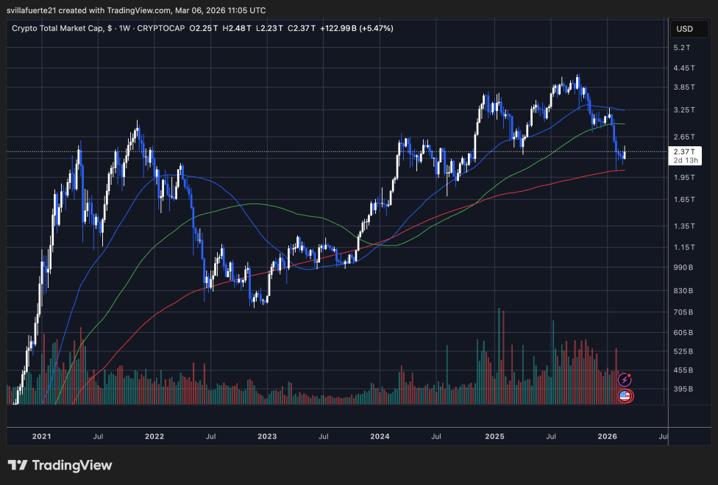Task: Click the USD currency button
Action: tap(684, 29)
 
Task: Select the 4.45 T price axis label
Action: tap(683, 68)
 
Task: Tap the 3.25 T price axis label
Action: tap(683, 109)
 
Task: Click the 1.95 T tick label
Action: tap(683, 177)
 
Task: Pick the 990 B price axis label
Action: tap(683, 268)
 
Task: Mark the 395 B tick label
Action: tap(683, 389)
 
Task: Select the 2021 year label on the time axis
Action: tap(42, 436)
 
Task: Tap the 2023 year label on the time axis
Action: tap(267, 436)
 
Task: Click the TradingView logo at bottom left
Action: tap(60, 465)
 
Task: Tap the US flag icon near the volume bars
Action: tap(625, 396)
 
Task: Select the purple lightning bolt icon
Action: tap(625, 380)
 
